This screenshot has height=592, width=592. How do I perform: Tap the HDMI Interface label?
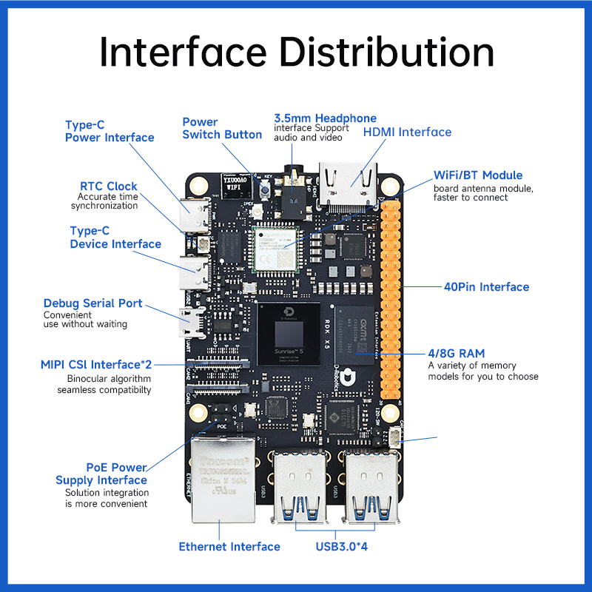(406, 132)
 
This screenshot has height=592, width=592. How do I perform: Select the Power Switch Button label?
(221, 128)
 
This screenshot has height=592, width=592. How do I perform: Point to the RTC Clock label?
(109, 186)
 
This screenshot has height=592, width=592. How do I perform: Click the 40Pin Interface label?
(486, 286)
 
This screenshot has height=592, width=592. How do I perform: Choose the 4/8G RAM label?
(457, 354)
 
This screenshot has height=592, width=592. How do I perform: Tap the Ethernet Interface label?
(229, 547)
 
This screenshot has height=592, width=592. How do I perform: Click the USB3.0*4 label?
(341, 547)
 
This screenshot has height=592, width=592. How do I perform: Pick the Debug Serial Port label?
(92, 303)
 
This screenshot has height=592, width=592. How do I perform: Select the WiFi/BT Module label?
(478, 175)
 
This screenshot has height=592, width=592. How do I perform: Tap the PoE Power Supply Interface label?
(101, 474)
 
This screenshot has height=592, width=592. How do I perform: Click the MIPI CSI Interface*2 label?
(96, 365)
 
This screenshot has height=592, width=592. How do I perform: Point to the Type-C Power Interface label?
(109, 131)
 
